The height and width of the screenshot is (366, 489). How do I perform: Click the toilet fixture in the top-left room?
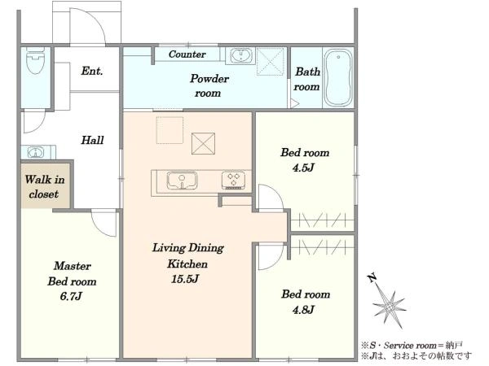[x=35, y=61]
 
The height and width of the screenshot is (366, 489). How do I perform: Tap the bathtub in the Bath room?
[x=338, y=78]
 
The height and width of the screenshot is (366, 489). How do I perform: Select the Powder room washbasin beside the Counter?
[x=240, y=56]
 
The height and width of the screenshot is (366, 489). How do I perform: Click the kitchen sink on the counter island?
[x=182, y=181]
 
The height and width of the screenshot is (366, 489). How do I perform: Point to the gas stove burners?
[x=233, y=180]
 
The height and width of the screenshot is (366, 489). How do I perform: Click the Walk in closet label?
[x=45, y=187]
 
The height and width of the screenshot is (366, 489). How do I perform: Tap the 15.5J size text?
[x=185, y=279]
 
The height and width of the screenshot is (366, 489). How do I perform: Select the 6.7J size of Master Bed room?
[x=71, y=296]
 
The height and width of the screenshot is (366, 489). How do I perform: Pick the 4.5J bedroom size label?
[x=303, y=168]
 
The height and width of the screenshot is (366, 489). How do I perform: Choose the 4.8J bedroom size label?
[x=303, y=310]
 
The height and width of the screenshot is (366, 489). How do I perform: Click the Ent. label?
[x=91, y=71]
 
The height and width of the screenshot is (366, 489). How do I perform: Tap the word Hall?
[x=92, y=140]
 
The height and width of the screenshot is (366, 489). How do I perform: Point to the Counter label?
[x=187, y=54]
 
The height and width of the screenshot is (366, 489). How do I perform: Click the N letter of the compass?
[x=372, y=277]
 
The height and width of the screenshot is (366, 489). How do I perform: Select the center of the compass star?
[x=389, y=307]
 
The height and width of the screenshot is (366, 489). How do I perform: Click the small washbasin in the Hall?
[x=36, y=153]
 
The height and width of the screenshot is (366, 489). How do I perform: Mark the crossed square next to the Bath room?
[x=270, y=62]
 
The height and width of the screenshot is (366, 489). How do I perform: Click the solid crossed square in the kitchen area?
[x=203, y=143]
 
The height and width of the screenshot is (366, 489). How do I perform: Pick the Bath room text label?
[x=307, y=79]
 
